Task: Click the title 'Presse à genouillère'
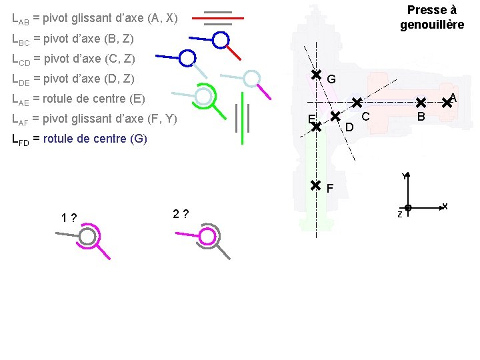[x=431, y=17]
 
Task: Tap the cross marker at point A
[x=447, y=103]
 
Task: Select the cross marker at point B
[x=421, y=103]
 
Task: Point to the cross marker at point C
[x=357, y=103]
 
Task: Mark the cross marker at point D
[x=335, y=115]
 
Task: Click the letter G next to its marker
[x=331, y=79]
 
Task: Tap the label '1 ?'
[x=68, y=218]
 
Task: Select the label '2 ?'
[x=181, y=214]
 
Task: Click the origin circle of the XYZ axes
[x=407, y=208]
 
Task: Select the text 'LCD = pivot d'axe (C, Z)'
[x=74, y=59]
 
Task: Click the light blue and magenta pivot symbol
[x=251, y=79]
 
